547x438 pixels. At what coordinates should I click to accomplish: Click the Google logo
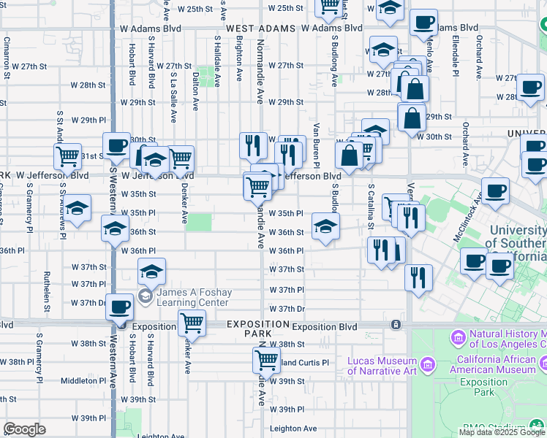pos(24,429)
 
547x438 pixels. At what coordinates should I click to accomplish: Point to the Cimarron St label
pos(7,58)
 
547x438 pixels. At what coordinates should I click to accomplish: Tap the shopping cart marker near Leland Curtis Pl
pos(266,359)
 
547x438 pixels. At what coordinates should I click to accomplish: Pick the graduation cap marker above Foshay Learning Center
pos(151,272)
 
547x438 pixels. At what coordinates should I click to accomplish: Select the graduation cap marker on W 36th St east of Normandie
pos(325,226)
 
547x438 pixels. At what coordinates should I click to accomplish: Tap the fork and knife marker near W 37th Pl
pos(418,276)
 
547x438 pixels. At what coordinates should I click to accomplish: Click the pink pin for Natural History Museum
pos(459,338)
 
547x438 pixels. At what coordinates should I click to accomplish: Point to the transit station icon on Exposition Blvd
pos(396,324)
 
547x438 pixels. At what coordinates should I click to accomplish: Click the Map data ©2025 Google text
pos(502,432)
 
